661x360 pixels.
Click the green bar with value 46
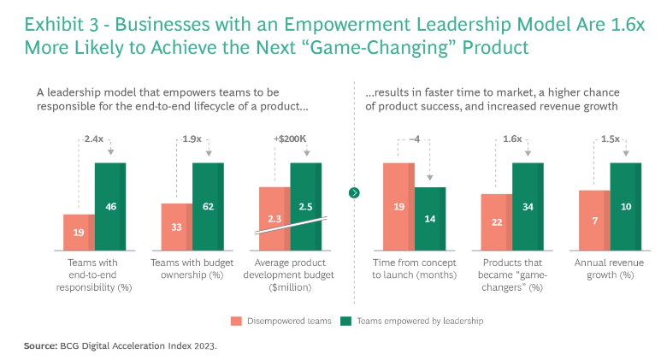click(109, 206)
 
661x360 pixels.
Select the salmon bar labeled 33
click(176, 227)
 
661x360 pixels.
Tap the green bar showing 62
click(208, 206)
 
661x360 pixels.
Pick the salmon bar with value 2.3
click(274, 219)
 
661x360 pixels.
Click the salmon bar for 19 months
click(398, 206)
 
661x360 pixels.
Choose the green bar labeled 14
click(430, 219)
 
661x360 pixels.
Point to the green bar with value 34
click(528, 206)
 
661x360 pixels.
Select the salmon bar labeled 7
click(593, 221)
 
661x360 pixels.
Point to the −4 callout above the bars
click(414, 138)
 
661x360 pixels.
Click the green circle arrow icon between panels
click(354, 192)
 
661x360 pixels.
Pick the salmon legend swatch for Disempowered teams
click(234, 322)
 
